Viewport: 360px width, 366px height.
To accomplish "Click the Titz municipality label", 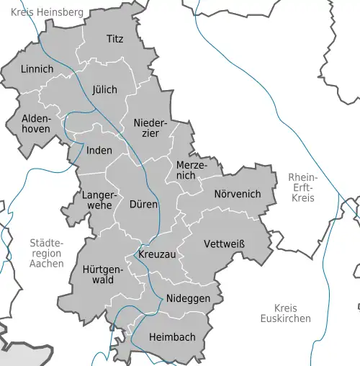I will coord(114,38).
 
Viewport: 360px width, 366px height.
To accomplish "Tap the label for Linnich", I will coord(37,69).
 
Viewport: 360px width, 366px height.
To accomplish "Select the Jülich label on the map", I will coord(104,90).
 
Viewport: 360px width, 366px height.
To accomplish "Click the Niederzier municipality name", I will coord(150,130).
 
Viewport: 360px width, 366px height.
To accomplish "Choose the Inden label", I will coord(99,151).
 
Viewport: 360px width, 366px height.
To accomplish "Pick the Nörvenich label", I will coord(237,194).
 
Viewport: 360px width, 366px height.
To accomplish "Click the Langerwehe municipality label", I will coord(97,200).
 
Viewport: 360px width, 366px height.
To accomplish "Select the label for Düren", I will coord(143,204).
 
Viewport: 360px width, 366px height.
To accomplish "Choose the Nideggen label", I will coord(187,298).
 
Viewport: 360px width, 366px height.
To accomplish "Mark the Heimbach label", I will coord(171,336).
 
